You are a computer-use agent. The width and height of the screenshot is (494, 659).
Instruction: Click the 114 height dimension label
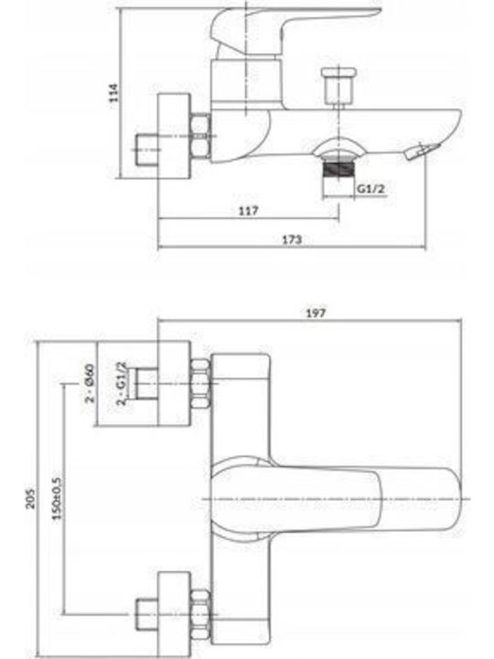click(113, 92)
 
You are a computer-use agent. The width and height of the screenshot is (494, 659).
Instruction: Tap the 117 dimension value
click(249, 211)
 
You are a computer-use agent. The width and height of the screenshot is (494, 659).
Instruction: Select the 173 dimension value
click(292, 240)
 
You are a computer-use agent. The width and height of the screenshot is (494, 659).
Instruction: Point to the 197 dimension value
click(316, 313)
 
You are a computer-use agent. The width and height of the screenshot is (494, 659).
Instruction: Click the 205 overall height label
click(31, 499)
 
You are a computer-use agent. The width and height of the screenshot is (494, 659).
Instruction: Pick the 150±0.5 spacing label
click(57, 498)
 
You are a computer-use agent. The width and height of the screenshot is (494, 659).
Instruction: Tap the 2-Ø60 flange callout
click(90, 383)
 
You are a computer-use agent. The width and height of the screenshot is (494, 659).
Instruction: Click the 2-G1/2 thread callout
click(122, 383)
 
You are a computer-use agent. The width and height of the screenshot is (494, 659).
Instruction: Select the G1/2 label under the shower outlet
click(370, 189)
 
